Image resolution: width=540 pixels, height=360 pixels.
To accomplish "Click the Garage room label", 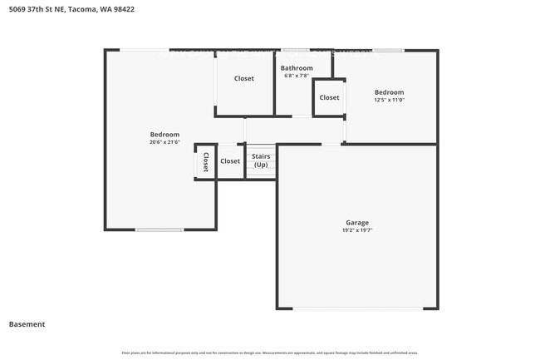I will coord(357,222).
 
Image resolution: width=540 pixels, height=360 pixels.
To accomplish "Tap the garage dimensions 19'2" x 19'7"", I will coord(357,230).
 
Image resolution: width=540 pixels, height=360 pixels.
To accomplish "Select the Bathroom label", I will coord(297,68).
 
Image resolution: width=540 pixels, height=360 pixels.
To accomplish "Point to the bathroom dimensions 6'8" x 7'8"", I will coord(297,76).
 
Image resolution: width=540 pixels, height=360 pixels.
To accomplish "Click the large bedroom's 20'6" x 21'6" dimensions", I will coord(164,142).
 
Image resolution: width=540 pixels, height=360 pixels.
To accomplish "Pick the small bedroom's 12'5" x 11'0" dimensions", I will coord(389,100).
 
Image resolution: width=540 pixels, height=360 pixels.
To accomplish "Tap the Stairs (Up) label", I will coord(261,160).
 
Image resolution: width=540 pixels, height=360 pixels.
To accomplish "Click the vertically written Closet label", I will coord(205,161).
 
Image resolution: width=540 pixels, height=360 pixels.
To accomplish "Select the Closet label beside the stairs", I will coord(230,161).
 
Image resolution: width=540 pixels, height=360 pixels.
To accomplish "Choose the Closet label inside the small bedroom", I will coord(329,98).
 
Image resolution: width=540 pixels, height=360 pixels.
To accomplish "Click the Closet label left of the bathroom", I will coord(244,79).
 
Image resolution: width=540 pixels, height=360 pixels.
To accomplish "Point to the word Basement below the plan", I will coord(27,324).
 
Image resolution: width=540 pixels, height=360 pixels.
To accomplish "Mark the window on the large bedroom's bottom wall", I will coord(160,229).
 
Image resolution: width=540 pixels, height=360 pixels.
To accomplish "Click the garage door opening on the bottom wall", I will coord(357,309).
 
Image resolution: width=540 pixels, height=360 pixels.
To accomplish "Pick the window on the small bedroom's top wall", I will coord(388,50).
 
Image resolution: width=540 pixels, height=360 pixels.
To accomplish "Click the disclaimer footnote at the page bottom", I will coord(270,353).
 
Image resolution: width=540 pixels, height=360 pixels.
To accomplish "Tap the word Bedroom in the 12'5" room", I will coord(389,92).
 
